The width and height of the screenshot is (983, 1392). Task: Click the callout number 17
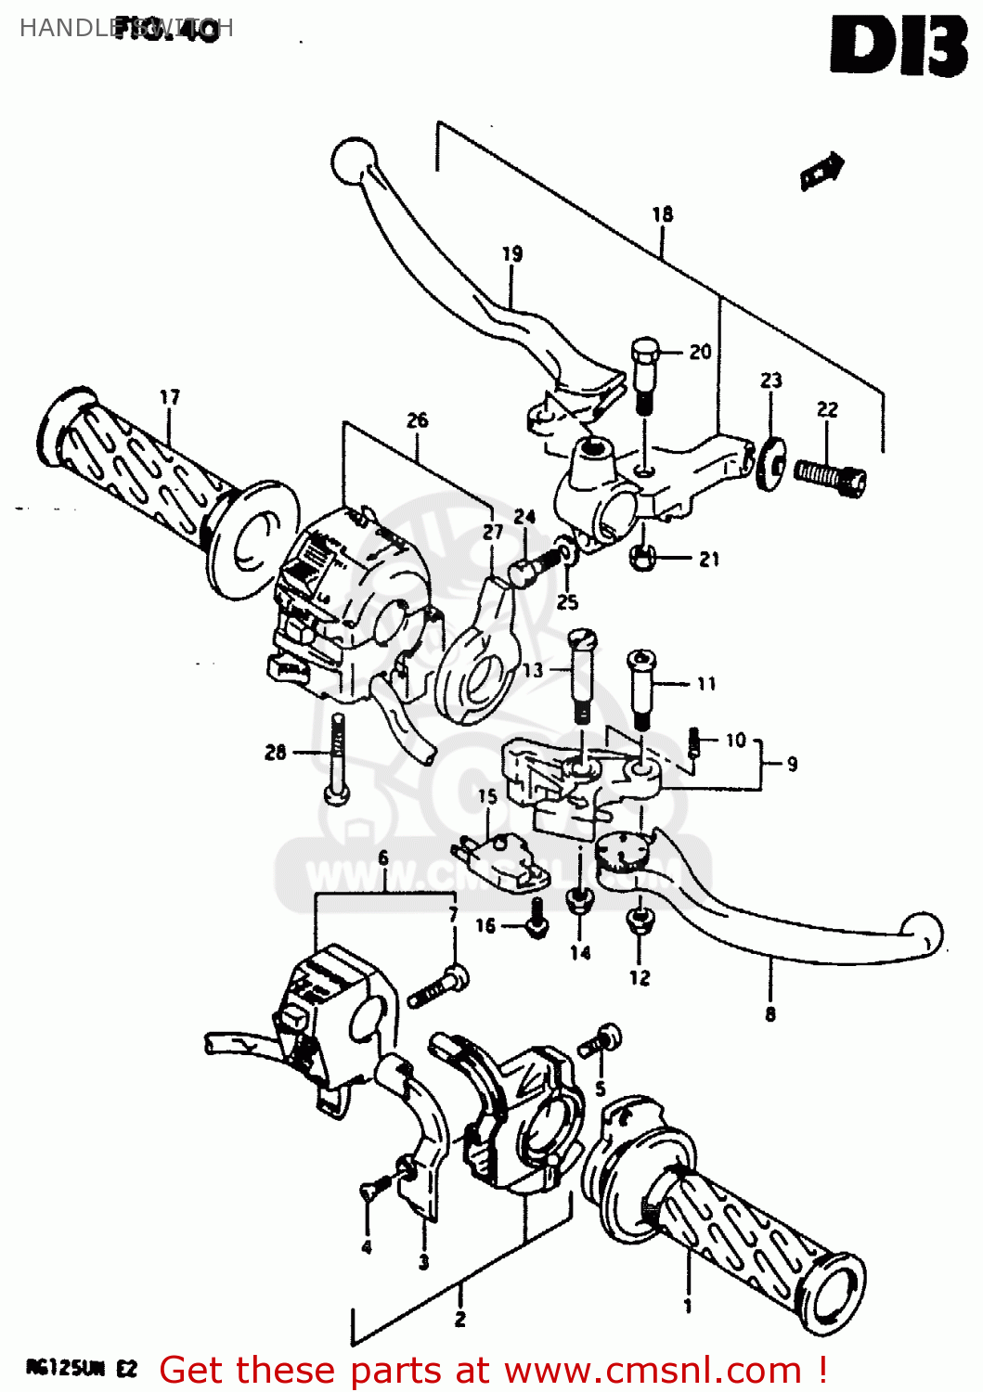tap(169, 397)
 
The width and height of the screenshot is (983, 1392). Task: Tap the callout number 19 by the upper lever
tap(512, 253)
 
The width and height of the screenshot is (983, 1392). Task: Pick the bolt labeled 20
tap(645, 376)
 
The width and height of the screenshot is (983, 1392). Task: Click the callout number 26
tap(417, 420)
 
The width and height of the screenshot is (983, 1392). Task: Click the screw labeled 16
tap(536, 919)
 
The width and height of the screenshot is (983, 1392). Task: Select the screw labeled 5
tap(599, 1041)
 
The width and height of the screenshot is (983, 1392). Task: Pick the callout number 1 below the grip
tap(688, 1307)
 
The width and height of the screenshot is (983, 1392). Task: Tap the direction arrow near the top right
tap(822, 170)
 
